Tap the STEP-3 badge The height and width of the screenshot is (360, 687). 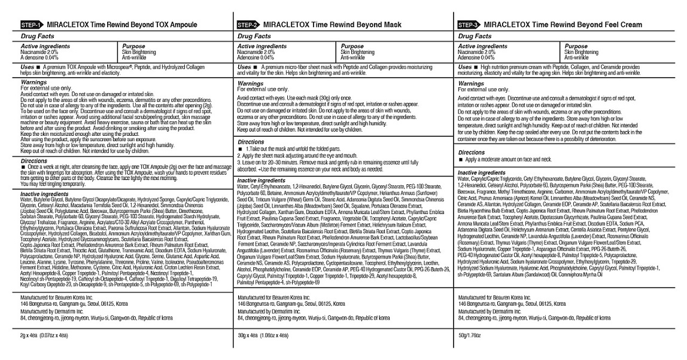[469, 25]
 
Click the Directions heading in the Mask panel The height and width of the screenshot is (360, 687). [251, 142]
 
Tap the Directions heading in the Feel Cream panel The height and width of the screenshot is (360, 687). [471, 152]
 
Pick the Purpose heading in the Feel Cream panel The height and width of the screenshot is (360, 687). [576, 46]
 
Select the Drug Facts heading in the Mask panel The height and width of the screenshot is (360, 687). [254, 36]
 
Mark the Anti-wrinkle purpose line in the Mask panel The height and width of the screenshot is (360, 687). [352, 57]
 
